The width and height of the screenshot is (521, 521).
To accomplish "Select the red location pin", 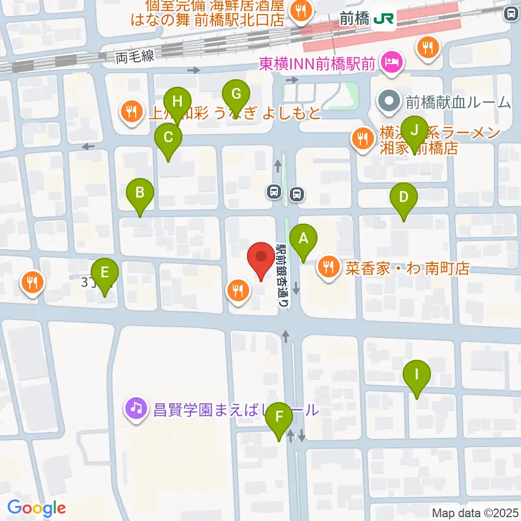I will pyautogui.click(x=261, y=258).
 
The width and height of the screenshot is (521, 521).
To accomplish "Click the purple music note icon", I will pyautogui.click(x=136, y=408).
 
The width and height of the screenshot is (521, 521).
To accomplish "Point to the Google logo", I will pyautogui.click(x=37, y=508).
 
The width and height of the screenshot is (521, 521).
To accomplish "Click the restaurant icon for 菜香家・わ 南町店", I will pyautogui.click(x=328, y=266).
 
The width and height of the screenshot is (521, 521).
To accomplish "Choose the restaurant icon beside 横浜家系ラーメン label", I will pyautogui.click(x=361, y=138).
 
